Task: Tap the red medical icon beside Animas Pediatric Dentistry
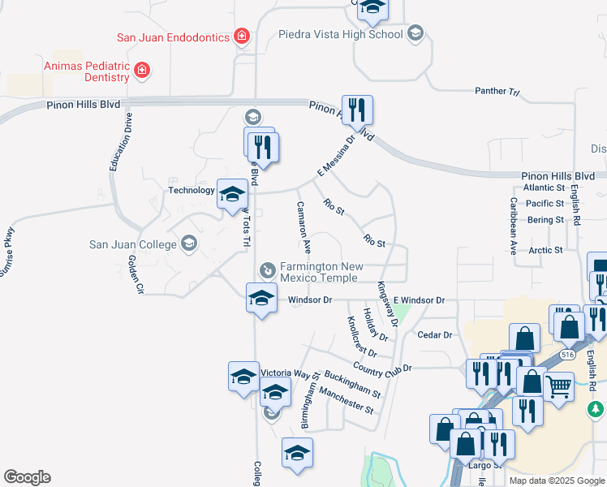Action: [x=143, y=71]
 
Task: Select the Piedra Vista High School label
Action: [x=340, y=34]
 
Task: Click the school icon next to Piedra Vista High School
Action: [x=415, y=33]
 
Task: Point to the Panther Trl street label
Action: [x=497, y=92]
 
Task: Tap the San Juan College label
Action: [x=133, y=243]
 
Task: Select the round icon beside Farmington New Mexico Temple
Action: [x=267, y=269]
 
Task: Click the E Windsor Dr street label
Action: [x=419, y=300]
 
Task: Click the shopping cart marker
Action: [x=557, y=385]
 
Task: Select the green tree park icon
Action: [x=596, y=407]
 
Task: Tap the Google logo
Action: [x=27, y=476]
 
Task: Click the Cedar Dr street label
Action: [x=434, y=334]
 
